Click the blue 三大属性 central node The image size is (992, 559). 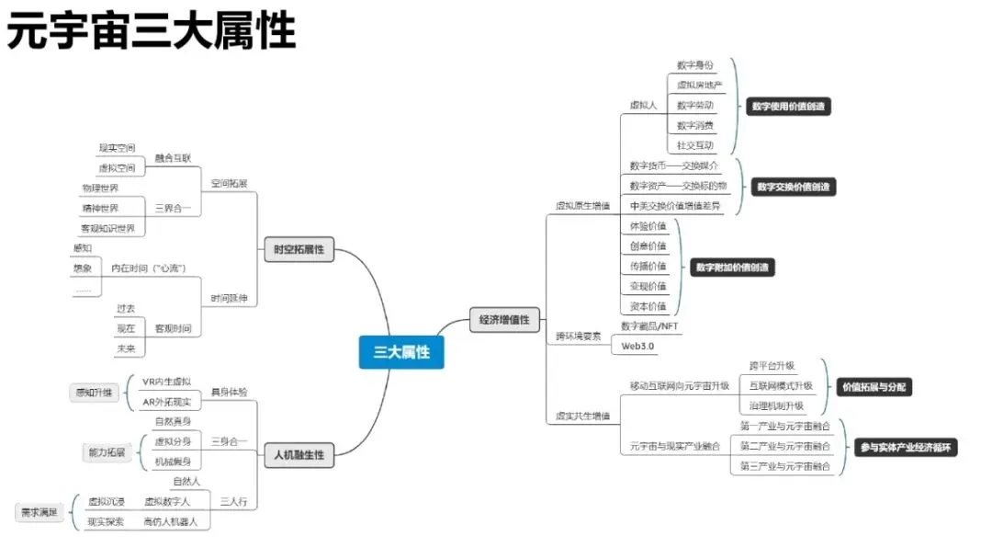click(401, 352)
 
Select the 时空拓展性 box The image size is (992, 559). click(299, 249)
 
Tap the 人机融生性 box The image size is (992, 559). click(299, 453)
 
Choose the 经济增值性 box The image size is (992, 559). click(504, 320)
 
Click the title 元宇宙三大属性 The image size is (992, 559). click(152, 32)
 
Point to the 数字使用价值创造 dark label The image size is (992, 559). click(786, 106)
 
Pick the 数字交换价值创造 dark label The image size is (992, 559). click(796, 187)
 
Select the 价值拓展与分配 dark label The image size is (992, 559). click(874, 387)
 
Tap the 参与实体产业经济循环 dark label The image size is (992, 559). click(907, 448)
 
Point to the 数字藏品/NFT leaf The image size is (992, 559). click(650, 325)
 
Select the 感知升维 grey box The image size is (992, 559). click(96, 393)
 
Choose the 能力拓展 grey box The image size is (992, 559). click(108, 452)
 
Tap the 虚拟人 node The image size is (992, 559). click(643, 105)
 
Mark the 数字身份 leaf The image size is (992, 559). click(694, 65)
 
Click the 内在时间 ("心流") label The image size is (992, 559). click(149, 268)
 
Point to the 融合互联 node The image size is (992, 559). click(173, 158)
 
